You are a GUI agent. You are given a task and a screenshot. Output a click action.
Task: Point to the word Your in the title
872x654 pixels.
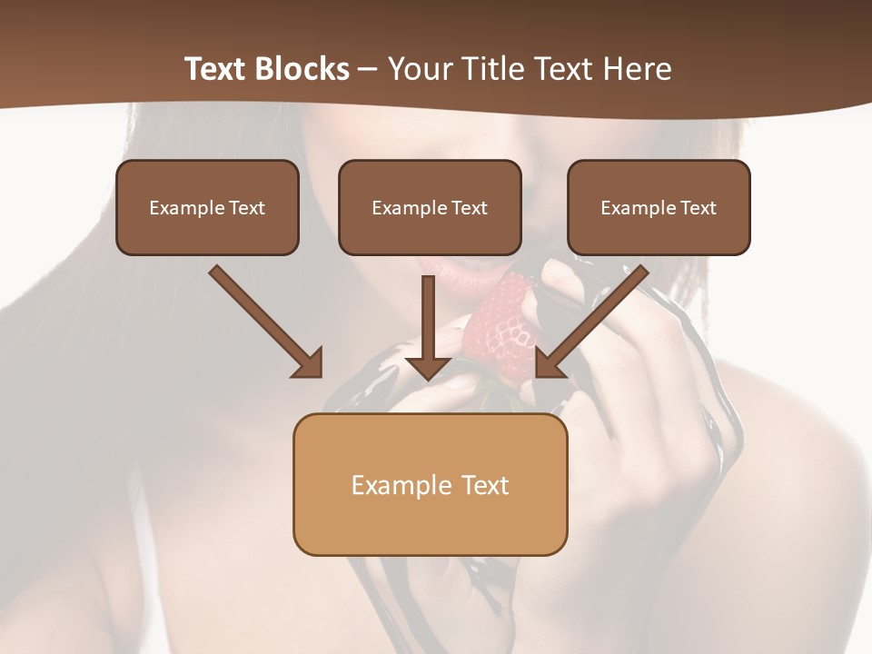(x=418, y=69)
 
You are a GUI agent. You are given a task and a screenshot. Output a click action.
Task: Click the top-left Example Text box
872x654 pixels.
(x=207, y=207)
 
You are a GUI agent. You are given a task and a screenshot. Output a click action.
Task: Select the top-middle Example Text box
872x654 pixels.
(x=430, y=207)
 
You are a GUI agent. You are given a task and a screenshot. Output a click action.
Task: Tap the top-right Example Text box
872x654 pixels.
(x=659, y=207)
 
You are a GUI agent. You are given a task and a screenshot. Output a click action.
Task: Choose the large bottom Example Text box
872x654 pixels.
(x=430, y=484)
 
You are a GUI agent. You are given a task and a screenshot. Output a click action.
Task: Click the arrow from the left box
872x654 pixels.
(x=263, y=320)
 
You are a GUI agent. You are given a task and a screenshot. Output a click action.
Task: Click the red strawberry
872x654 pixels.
(x=500, y=332)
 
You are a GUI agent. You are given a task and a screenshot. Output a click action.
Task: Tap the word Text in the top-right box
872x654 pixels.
(x=699, y=208)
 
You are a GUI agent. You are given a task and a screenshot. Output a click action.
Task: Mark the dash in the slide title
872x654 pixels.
(x=368, y=70)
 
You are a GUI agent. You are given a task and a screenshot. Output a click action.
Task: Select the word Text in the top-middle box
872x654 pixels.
(x=470, y=208)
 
